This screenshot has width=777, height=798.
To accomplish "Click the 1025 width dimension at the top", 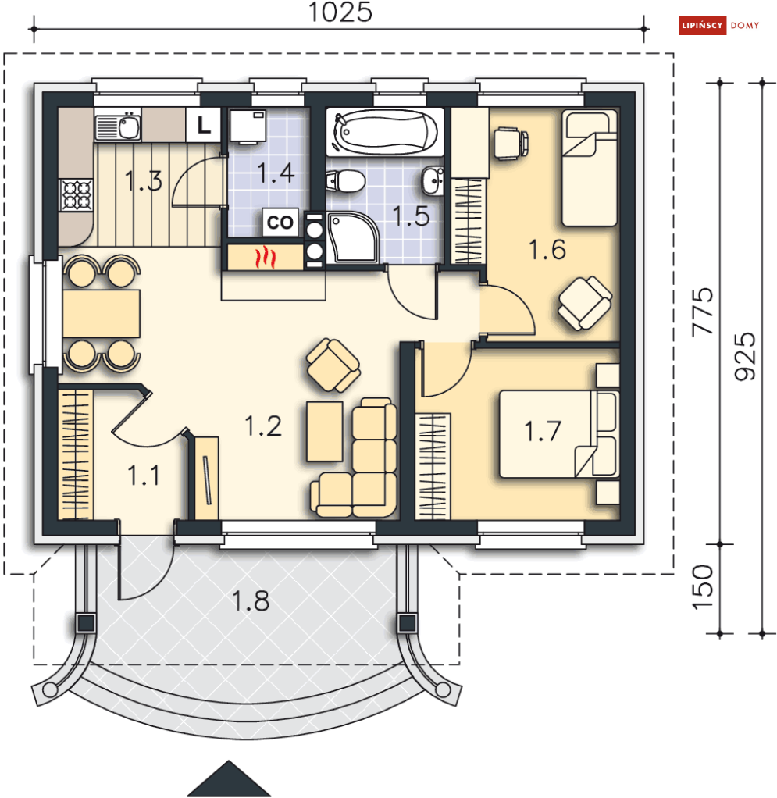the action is pos(340,12).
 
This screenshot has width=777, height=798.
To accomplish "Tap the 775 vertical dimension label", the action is pos(702,312).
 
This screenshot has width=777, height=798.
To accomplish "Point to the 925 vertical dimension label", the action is pos(745,356).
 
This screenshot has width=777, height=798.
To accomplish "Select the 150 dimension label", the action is pos(702,587).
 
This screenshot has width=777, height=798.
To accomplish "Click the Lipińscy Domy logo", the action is pos(719,26).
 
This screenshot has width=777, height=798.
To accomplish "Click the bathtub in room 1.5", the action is pos(385,132).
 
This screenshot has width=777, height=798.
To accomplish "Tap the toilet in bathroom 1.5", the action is pos(345,180).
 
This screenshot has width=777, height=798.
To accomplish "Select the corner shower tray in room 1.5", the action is pos(352,237).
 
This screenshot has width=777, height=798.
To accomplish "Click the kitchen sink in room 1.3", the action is pos(118,126).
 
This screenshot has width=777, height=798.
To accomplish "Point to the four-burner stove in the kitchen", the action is pos(77,195).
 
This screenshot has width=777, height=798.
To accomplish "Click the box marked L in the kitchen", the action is pos(204,125).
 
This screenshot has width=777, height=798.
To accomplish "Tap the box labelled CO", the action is pos(280,222).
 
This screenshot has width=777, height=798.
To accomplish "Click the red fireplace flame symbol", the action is pos(265,258).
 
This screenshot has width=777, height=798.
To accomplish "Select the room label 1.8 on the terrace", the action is pos(251,600).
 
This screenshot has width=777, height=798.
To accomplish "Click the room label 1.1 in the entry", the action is pos(144,476).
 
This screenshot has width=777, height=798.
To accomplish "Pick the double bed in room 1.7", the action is pos(558,434).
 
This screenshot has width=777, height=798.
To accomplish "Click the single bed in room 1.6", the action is pos(590,168).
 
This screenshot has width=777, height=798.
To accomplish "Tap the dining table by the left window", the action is pos(102,314).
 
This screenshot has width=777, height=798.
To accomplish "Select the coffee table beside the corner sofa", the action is pos(325,432).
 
